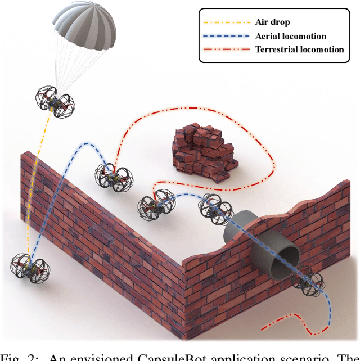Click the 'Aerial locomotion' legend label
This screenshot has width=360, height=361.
290,36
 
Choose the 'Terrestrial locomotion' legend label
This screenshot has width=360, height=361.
299,49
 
